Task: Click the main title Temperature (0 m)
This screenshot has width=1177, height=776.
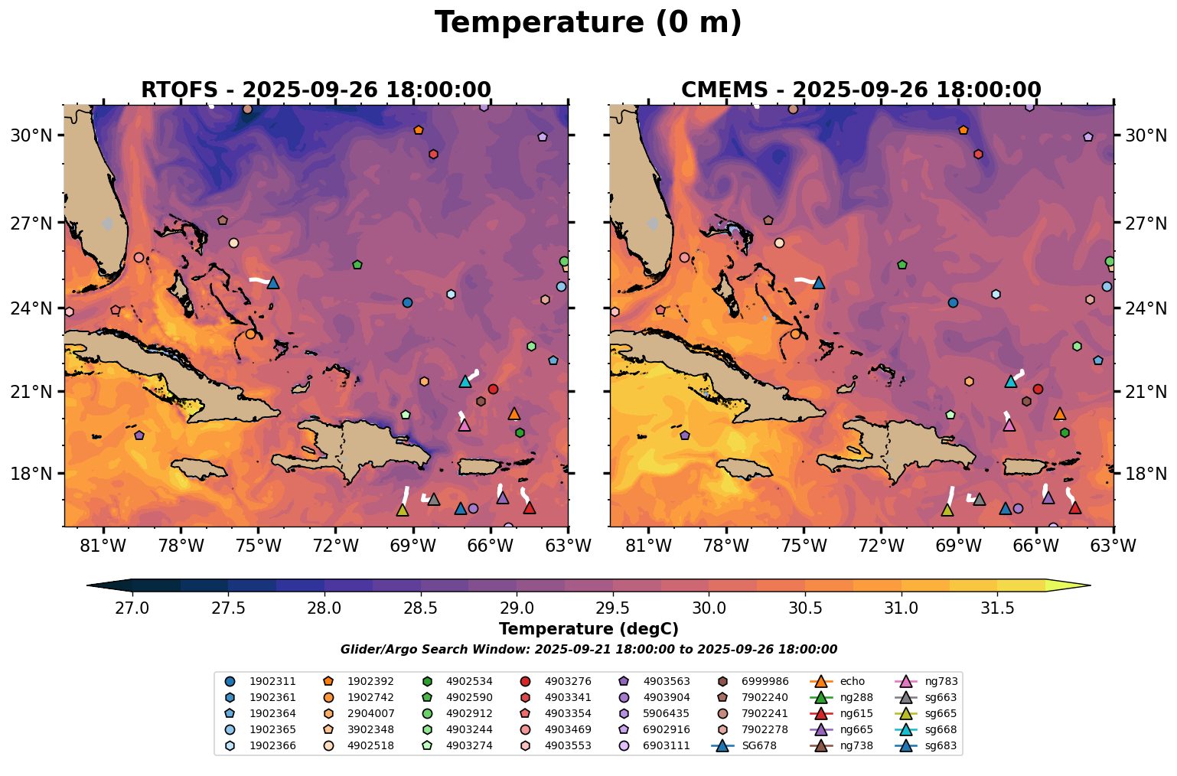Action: click(588, 23)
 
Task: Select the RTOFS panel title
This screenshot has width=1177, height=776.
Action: click(315, 90)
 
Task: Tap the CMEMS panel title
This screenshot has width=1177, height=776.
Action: click(861, 90)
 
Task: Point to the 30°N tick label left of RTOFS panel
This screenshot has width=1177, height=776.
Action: click(31, 135)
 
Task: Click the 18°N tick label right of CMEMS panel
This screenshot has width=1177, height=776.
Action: click(1146, 474)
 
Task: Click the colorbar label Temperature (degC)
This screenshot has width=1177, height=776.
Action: click(588, 629)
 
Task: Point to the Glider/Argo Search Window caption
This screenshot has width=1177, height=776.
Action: click(588, 650)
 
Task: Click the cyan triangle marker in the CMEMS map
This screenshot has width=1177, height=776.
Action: click(1010, 381)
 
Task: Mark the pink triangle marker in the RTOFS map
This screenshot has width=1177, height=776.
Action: click(465, 425)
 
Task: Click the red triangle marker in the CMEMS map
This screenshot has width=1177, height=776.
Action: click(1074, 507)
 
